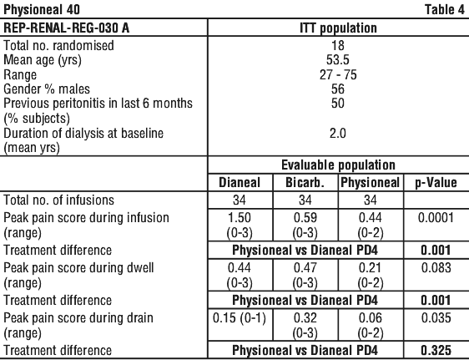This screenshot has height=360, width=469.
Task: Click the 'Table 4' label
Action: click(445, 9)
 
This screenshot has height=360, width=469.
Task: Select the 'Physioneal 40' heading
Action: click(42, 9)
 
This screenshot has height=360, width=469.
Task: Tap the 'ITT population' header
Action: click(338, 28)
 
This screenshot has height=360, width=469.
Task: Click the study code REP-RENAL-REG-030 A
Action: click(67, 28)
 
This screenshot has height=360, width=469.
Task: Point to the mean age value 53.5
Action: click(338, 60)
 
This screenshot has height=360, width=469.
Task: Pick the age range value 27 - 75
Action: click(338, 74)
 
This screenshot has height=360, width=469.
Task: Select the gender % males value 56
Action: click(338, 89)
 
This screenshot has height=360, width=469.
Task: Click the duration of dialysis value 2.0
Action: click(338, 133)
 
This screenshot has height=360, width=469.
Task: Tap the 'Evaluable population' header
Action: click(338, 165)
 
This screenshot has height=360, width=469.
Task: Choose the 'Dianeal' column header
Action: click(240, 183)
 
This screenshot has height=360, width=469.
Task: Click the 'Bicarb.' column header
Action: click(305, 183)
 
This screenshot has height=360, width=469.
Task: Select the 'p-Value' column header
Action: click(436, 183)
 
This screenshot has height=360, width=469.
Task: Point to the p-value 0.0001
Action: click(436, 218)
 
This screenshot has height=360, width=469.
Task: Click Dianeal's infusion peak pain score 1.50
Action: click(240, 218)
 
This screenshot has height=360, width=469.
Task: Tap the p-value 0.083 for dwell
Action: click(436, 268)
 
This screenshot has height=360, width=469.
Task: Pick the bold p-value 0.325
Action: click(436, 350)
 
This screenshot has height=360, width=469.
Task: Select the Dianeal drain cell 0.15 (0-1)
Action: click(240, 318)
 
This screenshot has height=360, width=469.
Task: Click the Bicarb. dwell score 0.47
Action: click(305, 268)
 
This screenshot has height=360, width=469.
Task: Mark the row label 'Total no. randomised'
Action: click(58, 45)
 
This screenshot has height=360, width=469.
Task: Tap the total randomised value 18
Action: click(338, 45)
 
